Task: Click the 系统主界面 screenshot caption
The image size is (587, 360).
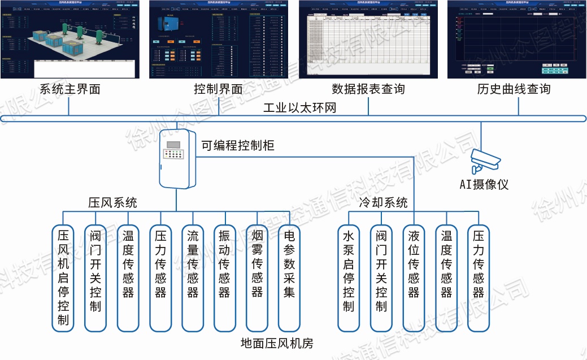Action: tap(69, 89)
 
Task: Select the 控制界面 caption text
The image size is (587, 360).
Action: tap(218, 89)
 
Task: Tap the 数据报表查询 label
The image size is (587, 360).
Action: tap(368, 89)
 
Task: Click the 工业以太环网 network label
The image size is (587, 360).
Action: tap(299, 107)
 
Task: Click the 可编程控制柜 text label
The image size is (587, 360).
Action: tap(238, 145)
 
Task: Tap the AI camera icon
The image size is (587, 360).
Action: tap(484, 159)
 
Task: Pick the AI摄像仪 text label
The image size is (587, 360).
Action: tap(484, 185)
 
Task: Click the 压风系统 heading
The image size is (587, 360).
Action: tap(112, 202)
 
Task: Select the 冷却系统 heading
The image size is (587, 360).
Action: tap(383, 202)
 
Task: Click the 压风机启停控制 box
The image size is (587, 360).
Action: tap(63, 277)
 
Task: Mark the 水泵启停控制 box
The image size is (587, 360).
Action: tap(348, 277)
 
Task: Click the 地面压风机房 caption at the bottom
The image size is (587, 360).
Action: tap(276, 343)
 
